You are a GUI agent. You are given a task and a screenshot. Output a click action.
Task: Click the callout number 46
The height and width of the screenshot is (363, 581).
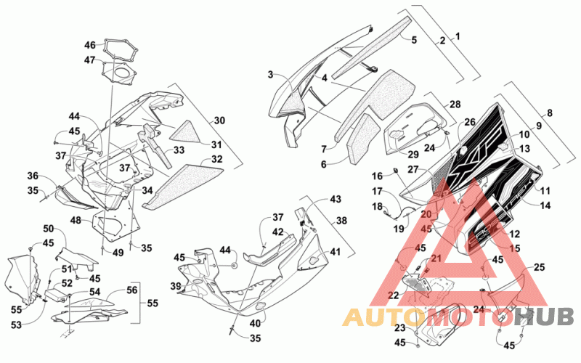point(90,45)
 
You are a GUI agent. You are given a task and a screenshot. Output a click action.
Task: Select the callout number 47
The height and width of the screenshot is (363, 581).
point(90,60)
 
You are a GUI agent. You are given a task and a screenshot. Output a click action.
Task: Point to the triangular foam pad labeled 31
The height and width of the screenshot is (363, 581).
point(185,132)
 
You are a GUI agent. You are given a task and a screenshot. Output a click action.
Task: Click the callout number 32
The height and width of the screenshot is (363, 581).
point(216,159)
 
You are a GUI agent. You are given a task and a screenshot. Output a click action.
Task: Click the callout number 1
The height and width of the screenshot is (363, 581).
point(458,36)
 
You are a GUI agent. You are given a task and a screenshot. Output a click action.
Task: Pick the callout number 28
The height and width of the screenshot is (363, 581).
point(455,105)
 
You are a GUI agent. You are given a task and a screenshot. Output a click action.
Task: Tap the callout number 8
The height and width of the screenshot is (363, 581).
point(550,113)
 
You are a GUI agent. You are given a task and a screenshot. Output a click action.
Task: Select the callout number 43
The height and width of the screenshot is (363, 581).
point(336,199)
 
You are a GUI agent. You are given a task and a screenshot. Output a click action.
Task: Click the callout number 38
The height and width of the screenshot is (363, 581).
point(341,221)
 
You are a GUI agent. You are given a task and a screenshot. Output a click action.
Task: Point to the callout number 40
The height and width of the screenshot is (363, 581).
point(255,324)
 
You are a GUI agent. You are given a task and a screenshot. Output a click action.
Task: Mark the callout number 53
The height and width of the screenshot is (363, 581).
point(16,325)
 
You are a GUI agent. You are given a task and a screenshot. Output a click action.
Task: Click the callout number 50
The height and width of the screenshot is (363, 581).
point(49,229)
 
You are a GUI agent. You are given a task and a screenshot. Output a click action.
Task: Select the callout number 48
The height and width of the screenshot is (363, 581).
point(76,221)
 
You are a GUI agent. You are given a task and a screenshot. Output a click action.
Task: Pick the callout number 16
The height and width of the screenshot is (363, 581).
point(377,176)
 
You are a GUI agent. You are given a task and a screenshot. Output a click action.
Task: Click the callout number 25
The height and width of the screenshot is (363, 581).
point(539,266)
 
